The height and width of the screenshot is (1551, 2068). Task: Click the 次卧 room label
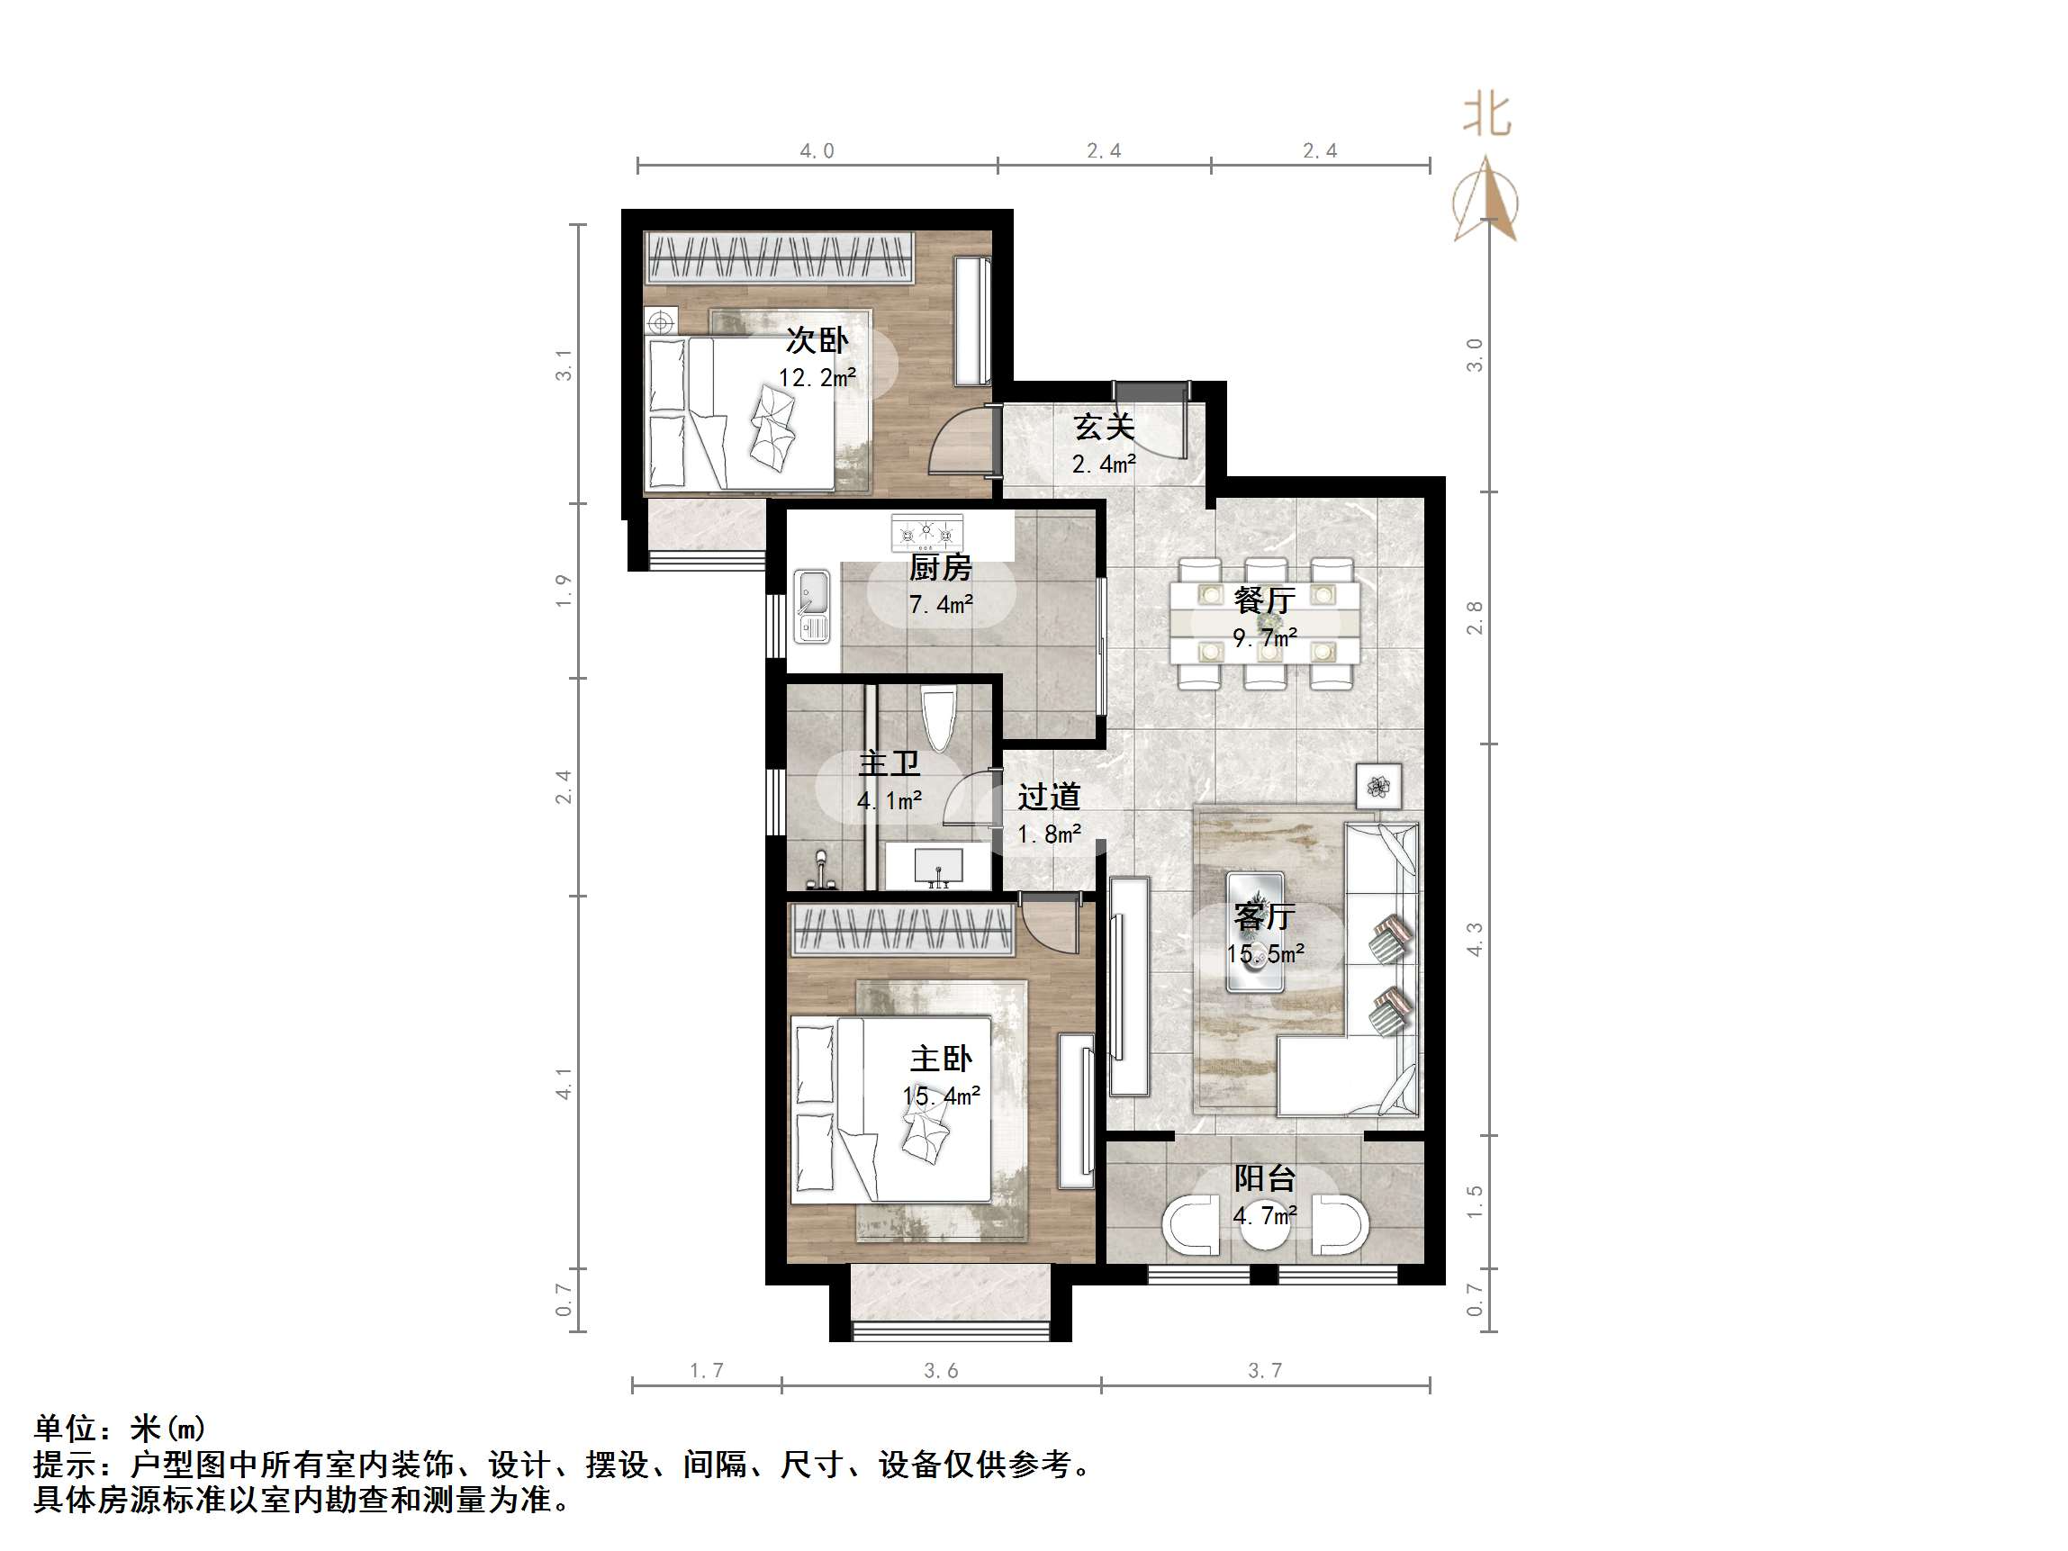coord(817,340)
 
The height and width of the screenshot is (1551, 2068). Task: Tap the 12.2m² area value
coord(817,378)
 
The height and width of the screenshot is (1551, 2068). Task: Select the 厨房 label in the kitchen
coord(941,567)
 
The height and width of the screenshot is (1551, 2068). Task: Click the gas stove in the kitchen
coord(926,534)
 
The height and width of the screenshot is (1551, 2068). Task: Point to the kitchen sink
coord(811,606)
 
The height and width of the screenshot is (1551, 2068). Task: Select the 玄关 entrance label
coord(1103,428)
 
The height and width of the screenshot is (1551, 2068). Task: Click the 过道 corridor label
coord(1049,797)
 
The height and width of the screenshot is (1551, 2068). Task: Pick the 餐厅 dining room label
coord(1264,600)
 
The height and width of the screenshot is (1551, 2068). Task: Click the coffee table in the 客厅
coord(1255,931)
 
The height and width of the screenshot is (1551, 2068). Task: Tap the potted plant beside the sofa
coord(1379,786)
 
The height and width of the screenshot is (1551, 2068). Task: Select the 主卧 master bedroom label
coord(941,1060)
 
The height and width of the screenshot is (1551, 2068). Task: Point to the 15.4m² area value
coord(941,1096)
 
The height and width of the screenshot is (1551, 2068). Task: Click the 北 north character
coord(1486,115)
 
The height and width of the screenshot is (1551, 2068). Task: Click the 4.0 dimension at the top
coord(817,151)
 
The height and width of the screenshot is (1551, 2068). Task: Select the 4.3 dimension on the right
coord(1475,940)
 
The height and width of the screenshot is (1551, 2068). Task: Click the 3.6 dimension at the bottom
coord(941,1371)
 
